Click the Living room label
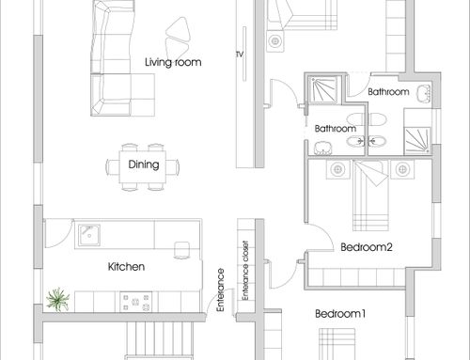pyautogui.click(x=173, y=62)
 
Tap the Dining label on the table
pyautogui.click(x=144, y=164)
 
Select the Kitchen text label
pyautogui.click(x=126, y=267)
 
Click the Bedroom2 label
pyautogui.click(x=367, y=247)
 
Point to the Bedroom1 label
pyautogui.click(x=340, y=314)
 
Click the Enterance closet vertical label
pyautogui.click(x=245, y=271)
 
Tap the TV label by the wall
pyautogui.click(x=240, y=55)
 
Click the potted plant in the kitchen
pyautogui.click(x=57, y=299)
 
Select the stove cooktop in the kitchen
pyautogui.click(x=136, y=302)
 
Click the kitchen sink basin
pyautogui.click(x=89, y=235)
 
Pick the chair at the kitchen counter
pyautogui.click(x=181, y=250)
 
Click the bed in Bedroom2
pyautogui.click(x=370, y=196)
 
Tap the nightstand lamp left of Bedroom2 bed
pyautogui.click(x=337, y=169)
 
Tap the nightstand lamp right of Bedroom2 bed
pyautogui.click(x=402, y=169)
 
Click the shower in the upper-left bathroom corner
pyautogui.click(x=323, y=89)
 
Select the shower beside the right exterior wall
pyautogui.click(x=417, y=141)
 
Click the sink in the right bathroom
pyautogui.click(x=424, y=93)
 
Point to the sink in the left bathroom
pyautogui.click(x=322, y=148)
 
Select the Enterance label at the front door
pyautogui.click(x=221, y=290)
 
